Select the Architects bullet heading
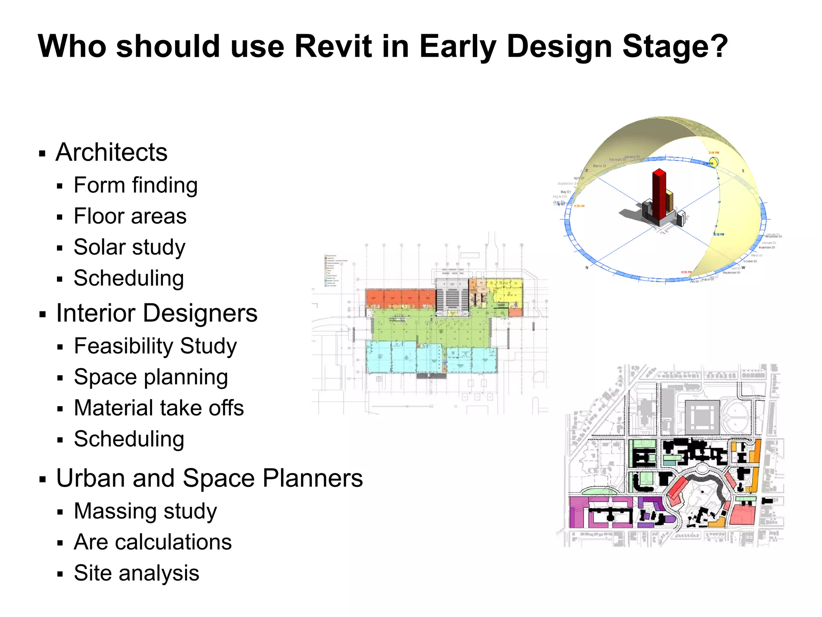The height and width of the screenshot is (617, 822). click(111, 152)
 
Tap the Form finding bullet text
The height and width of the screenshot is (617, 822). click(135, 185)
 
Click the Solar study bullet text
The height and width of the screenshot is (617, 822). click(129, 247)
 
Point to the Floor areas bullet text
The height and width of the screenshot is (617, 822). click(130, 216)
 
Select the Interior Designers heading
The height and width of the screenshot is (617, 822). click(157, 313)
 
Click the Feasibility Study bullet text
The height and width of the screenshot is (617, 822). click(155, 346)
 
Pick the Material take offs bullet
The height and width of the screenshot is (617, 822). click(159, 408)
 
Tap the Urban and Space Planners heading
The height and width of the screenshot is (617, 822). click(209, 478)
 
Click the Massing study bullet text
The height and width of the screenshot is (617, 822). click(145, 511)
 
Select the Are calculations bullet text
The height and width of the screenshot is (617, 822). click(153, 542)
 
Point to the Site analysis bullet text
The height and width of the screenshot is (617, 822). click(136, 573)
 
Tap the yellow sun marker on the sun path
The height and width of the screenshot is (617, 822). click(713, 162)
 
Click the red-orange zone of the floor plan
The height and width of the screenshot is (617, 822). click(399, 298)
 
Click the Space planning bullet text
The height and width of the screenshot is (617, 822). click(151, 377)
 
